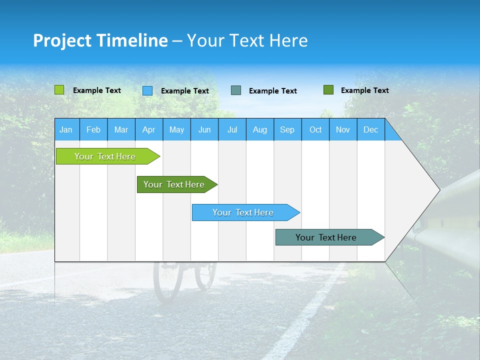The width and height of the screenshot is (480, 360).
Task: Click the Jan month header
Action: click(x=66, y=129)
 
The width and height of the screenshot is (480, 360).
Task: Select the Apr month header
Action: click(x=149, y=129)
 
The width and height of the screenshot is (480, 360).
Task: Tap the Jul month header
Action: click(x=232, y=129)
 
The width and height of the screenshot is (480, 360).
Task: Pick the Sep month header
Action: click(x=287, y=129)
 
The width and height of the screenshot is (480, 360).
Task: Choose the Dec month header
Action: click(x=370, y=129)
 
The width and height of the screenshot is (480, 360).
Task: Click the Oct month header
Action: click(x=315, y=129)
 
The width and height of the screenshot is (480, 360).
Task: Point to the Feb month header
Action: click(x=93, y=129)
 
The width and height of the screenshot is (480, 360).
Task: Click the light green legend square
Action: click(x=59, y=90)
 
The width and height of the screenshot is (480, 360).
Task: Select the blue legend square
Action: click(x=147, y=90)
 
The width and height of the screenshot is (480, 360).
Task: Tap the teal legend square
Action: click(x=236, y=90)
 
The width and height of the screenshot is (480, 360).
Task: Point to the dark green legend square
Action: click(x=328, y=90)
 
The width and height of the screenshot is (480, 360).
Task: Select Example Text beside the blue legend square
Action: click(x=184, y=91)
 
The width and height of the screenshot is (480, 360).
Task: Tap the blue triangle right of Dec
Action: click(x=392, y=134)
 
